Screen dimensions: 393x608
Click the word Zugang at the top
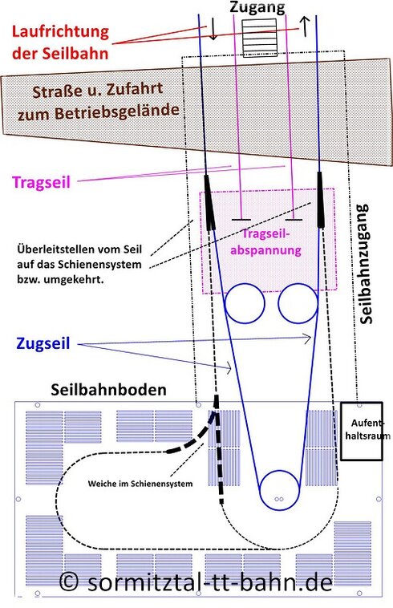click(257, 8)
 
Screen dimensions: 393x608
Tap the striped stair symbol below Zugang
click(259, 37)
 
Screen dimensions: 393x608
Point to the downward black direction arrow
click(213, 30)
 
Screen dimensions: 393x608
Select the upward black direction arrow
click(305, 26)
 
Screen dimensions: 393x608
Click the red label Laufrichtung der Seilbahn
click(60, 42)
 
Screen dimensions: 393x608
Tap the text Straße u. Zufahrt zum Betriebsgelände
click(99, 102)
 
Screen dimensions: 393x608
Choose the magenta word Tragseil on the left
click(41, 182)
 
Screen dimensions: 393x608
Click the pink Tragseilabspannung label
click(265, 241)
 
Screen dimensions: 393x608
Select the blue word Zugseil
click(43, 343)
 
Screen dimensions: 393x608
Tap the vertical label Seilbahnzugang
click(365, 264)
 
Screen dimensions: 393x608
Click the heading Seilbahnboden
click(108, 389)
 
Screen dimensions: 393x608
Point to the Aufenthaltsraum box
click(362, 432)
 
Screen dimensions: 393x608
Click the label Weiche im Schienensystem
click(140, 484)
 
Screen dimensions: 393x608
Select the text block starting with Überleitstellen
click(79, 264)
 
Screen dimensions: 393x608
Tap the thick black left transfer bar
click(209, 201)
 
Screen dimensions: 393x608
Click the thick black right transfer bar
click(321, 200)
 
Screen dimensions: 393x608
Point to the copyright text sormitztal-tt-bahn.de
click(196, 582)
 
